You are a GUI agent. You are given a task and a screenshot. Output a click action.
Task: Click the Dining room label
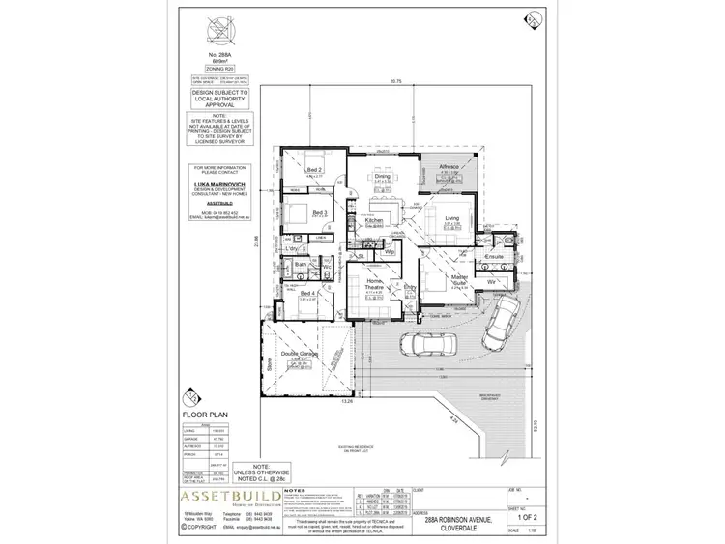pos(382,176)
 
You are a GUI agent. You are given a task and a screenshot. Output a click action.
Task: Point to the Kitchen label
pos(375,221)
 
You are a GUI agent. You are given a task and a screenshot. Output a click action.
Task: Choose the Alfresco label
pos(449,167)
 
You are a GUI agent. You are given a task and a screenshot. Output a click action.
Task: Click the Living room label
pos(451,219)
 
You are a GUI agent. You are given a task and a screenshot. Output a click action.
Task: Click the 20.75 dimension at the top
pos(394,82)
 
